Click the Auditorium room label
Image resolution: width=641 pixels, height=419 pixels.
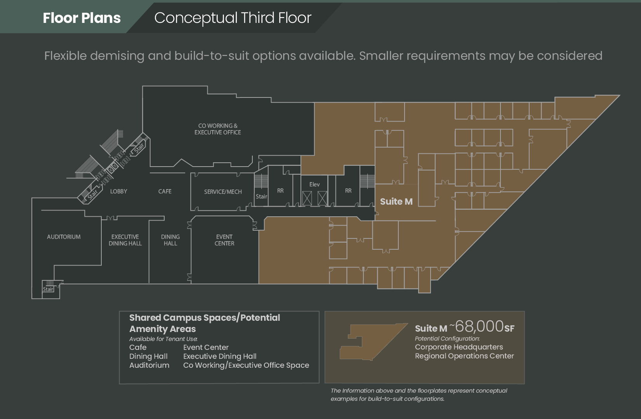tap(64, 237)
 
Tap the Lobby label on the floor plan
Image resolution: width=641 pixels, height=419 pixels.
tap(118, 191)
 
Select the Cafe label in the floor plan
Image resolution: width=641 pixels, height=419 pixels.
tap(165, 191)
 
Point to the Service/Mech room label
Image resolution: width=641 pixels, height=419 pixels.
tap(223, 192)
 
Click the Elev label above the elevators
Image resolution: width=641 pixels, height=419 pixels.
tap(314, 184)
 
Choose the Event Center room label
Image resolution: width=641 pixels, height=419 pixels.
tap(224, 240)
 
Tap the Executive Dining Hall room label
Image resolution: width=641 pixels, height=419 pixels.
tap(125, 240)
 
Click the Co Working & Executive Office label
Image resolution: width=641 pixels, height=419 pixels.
tap(218, 129)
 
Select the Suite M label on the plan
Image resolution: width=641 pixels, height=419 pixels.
tap(396, 202)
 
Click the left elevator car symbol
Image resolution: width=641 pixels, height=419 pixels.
tap(307, 198)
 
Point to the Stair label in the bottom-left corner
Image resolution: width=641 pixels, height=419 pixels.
tap(48, 289)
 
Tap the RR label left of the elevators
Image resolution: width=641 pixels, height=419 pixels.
tap(280, 191)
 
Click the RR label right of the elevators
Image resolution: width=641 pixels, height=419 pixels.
tap(348, 191)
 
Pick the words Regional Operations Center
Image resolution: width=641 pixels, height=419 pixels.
tap(464, 356)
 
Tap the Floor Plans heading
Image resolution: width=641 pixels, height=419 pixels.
tap(82, 18)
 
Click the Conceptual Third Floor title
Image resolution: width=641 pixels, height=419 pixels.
tap(233, 18)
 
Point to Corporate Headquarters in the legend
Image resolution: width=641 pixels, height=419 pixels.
tap(459, 347)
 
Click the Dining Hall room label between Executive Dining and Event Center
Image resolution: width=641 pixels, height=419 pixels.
tap(170, 240)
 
